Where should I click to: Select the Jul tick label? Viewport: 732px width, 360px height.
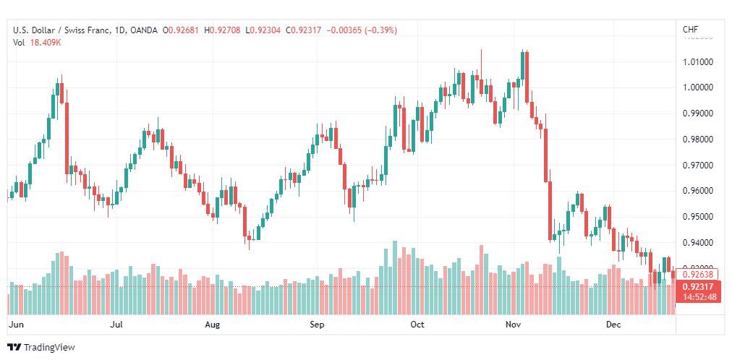pos(116,325)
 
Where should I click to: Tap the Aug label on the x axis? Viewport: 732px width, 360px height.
pos(213,325)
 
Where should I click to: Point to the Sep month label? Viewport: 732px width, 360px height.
pos(317,325)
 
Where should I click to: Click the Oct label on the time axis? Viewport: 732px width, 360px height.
pos(417,325)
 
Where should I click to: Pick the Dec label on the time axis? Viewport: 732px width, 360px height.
pos(613,325)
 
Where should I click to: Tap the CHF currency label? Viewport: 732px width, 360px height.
pos(690,30)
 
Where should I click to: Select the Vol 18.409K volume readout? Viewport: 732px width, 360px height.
pos(35,42)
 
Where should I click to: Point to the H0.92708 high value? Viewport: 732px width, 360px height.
pos(224,30)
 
